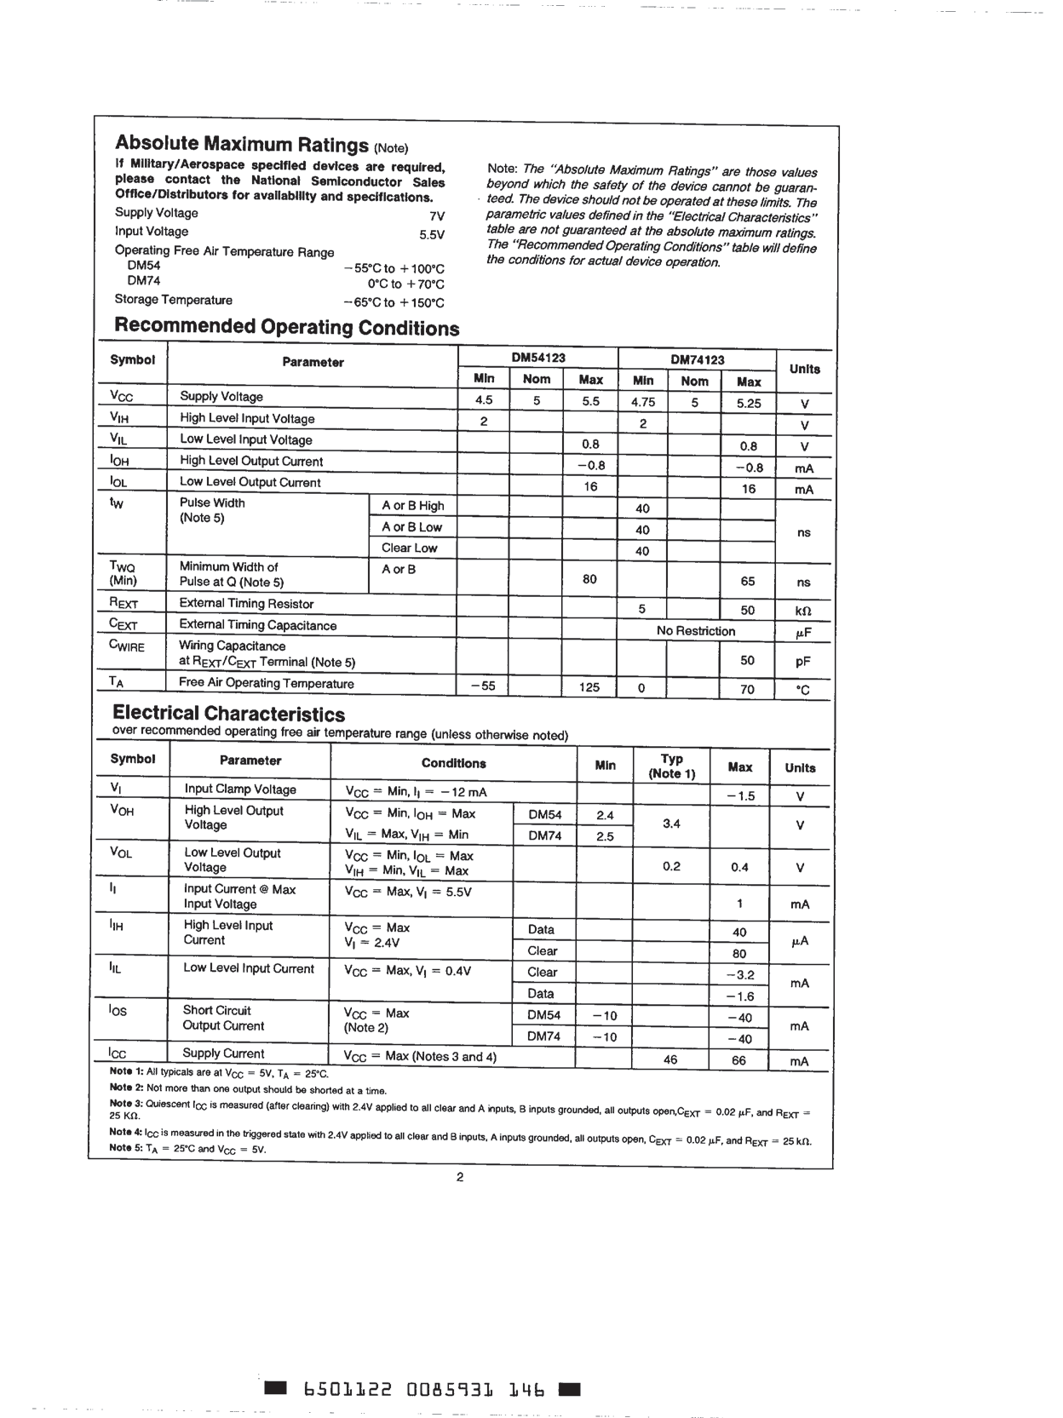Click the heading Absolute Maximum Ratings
242,143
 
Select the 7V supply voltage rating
437,216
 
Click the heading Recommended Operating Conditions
286,327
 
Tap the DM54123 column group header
537,359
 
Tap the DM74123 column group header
697,359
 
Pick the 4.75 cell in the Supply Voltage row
643,402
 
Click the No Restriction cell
695,631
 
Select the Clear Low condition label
409,548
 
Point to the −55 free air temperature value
482,686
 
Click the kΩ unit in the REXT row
802,611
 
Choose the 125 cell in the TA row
589,686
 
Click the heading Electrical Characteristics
228,714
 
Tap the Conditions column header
453,764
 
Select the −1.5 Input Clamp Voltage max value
739,795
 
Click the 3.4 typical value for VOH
671,824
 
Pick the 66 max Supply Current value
738,1060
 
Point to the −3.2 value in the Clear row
739,975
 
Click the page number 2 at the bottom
460,1178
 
